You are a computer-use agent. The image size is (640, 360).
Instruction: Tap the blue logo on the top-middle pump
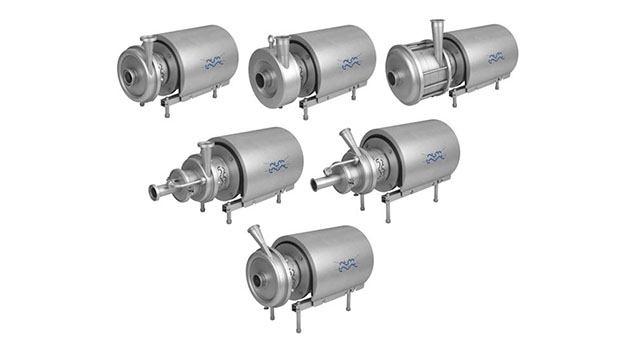(350, 64)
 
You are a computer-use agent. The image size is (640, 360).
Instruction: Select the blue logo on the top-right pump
(495, 58)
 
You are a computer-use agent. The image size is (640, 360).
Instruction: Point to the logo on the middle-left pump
(277, 165)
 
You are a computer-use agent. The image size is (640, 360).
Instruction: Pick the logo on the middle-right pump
(433, 158)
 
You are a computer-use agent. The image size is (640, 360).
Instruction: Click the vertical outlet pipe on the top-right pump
(437, 35)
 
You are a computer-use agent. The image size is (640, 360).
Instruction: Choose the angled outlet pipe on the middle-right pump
(350, 142)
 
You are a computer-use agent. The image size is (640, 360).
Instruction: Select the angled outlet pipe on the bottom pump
(259, 240)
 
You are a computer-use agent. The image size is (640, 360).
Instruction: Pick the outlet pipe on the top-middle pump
(281, 47)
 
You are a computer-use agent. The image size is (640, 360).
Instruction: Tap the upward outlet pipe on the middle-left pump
(206, 153)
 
